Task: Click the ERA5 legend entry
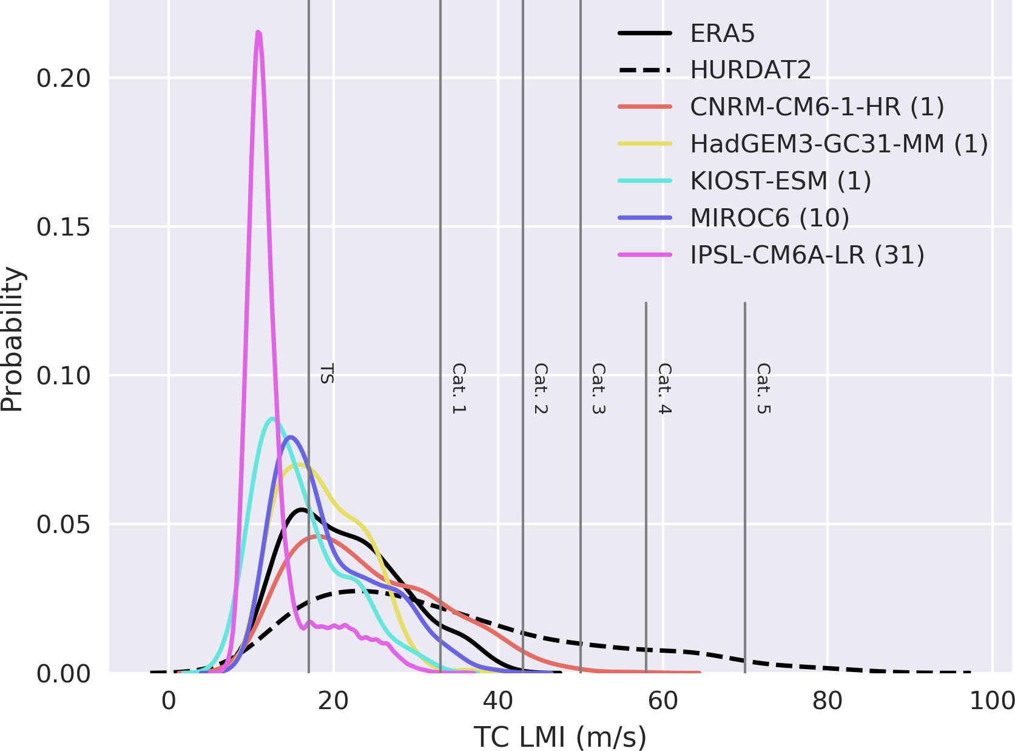tap(722, 33)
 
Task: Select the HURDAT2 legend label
tap(750, 70)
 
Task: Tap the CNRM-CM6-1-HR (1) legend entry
tap(817, 107)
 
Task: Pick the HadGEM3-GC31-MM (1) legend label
tap(839, 144)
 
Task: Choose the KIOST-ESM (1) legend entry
tap(780, 181)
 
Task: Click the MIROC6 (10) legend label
tap(769, 218)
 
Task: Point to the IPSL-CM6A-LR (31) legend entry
tap(807, 255)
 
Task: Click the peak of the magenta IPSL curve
tap(259, 32)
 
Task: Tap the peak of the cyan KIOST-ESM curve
tap(272, 418)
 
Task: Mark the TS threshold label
tap(327, 373)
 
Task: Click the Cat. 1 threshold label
tap(459, 389)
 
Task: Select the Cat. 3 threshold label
tap(598, 389)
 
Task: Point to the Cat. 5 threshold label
tap(763, 389)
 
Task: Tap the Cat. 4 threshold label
tap(664, 389)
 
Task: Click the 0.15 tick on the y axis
tap(63, 227)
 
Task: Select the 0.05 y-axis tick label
tap(63, 525)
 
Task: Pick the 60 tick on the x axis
tap(663, 701)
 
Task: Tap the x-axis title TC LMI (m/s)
tap(560, 737)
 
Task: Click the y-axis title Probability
tap(12, 340)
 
